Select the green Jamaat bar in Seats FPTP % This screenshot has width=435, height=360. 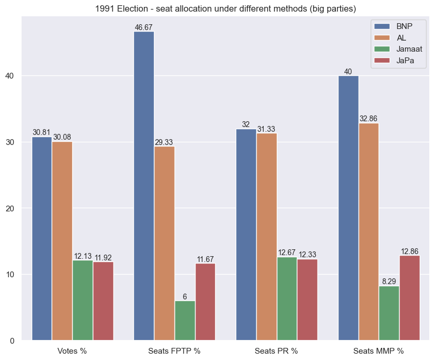point(185,320)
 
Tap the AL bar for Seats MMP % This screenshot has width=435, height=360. point(369,231)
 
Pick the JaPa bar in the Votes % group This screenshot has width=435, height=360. point(103,301)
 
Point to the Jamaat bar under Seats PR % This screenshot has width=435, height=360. point(287,298)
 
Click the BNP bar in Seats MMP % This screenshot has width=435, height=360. point(348,208)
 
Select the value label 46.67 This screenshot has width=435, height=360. point(144,27)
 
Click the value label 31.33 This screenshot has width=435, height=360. point(266,129)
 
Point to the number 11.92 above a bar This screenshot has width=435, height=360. point(103,258)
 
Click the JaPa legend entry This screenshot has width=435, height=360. point(405,61)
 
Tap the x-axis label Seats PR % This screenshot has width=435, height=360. point(276,351)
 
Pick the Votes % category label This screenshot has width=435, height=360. point(72,351)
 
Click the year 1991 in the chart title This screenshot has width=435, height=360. point(105,8)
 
